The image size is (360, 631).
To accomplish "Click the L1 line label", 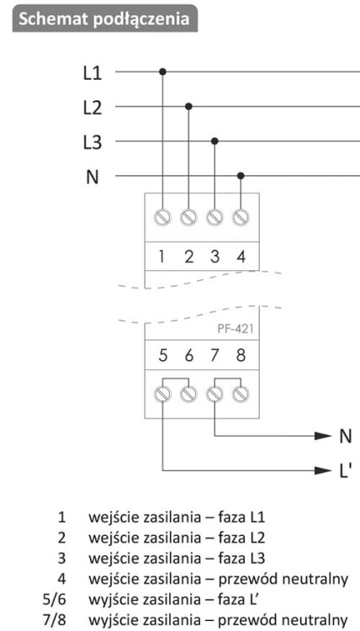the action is click(93, 74).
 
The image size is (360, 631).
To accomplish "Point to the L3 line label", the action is click(93, 143).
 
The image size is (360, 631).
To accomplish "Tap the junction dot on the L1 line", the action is click(162, 72).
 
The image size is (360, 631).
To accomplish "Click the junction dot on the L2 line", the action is click(188, 106).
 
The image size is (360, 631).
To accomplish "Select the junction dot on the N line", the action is click(241, 176).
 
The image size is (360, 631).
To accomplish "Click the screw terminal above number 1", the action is click(162, 218).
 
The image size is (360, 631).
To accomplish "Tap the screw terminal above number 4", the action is click(241, 218).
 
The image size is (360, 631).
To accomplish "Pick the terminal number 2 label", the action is click(188, 257).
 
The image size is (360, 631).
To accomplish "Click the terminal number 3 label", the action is click(214, 257).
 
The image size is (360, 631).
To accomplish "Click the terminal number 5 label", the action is click(162, 356).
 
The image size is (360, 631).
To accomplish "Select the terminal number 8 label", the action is click(241, 356).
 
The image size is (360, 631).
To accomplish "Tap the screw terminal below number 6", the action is click(188, 394).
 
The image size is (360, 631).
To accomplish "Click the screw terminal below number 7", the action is click(214, 394).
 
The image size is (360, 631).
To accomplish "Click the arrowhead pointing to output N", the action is click(323, 436).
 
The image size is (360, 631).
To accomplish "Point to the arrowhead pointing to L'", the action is click(323, 469).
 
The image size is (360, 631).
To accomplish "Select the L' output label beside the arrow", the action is click(345, 470).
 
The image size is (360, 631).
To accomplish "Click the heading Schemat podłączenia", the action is click(103, 19).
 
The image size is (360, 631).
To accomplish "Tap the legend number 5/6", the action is click(54, 599).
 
